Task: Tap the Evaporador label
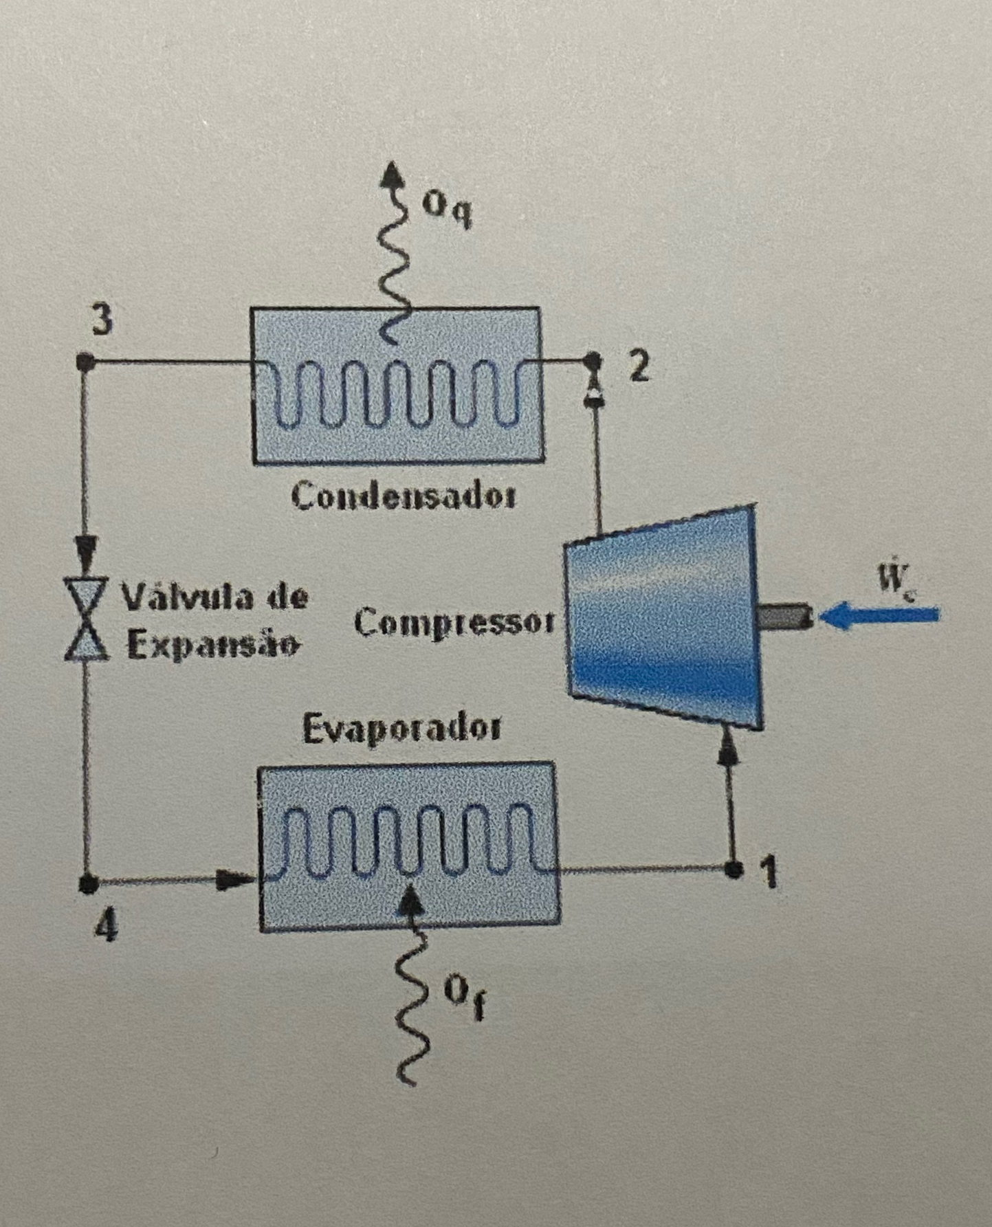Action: [402, 729]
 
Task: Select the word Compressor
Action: [454, 623]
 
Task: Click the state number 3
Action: [102, 320]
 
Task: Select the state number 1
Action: [770, 873]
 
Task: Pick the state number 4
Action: [106, 927]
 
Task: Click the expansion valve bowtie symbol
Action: [87, 619]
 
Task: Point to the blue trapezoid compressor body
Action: [663, 619]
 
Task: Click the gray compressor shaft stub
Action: [786, 616]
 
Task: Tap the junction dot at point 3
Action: [85, 362]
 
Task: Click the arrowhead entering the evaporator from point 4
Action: [234, 878]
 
